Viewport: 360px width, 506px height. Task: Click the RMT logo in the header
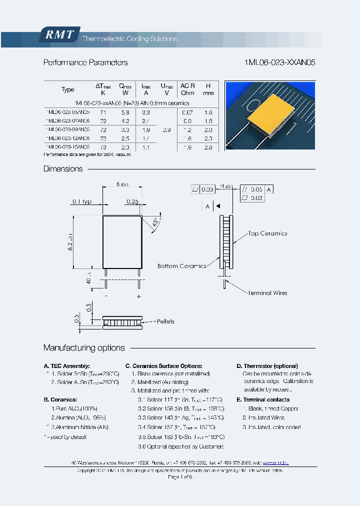click(59, 35)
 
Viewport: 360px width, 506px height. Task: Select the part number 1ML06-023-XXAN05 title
click(280, 62)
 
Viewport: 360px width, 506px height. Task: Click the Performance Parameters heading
click(85, 62)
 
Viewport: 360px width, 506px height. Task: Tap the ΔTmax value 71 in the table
click(103, 113)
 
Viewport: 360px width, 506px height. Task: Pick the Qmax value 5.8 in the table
click(125, 113)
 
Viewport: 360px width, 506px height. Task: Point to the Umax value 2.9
click(166, 129)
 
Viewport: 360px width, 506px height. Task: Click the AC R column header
click(188, 89)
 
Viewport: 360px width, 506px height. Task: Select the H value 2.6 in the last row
click(208, 147)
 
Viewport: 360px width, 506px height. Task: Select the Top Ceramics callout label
click(267, 233)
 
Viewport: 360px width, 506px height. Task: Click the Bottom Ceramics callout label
click(181, 266)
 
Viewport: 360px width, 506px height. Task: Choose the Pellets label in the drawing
click(165, 321)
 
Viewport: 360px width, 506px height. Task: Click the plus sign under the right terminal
click(139, 296)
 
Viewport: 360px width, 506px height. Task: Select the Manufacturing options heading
click(84, 348)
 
